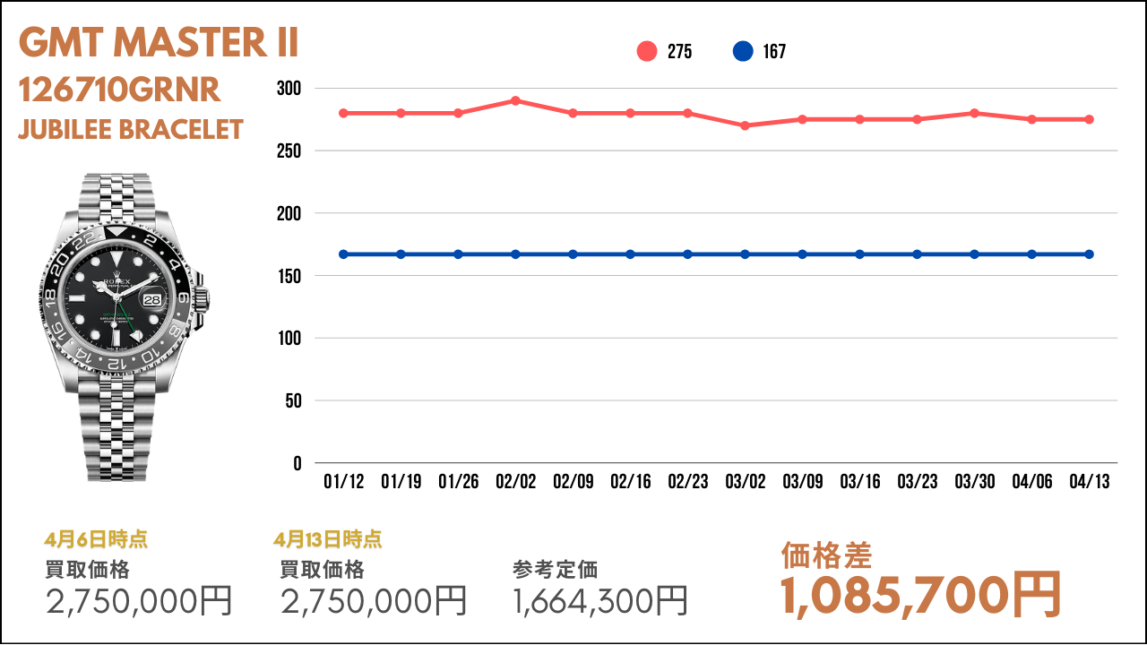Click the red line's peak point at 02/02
point(515,100)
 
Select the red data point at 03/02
point(745,125)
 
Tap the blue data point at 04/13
point(1089,254)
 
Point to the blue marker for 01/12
point(343,254)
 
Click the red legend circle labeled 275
point(647,51)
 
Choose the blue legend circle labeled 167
point(743,51)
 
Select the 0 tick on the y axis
point(297,463)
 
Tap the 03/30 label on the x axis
point(974,482)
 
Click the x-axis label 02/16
point(630,482)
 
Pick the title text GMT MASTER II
point(159,43)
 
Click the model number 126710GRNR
point(119,90)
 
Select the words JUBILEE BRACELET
point(131,130)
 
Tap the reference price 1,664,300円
point(600,600)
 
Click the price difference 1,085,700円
point(920,595)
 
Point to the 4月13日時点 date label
point(328,539)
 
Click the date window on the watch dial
point(153,300)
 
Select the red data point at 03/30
point(974,113)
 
